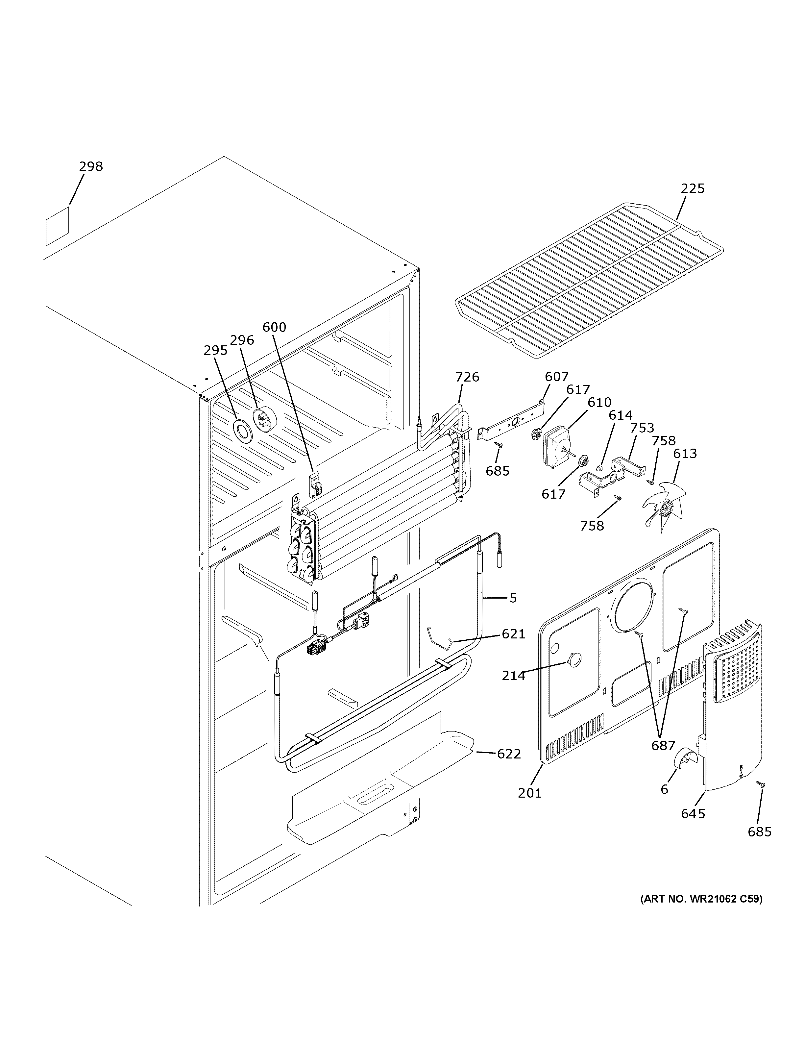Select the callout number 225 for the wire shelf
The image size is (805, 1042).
[x=692, y=188]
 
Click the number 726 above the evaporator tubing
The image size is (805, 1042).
[x=467, y=377]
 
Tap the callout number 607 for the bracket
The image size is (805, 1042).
[x=556, y=377]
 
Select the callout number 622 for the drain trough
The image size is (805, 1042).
[x=509, y=754]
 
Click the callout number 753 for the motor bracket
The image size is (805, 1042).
[x=642, y=428]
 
